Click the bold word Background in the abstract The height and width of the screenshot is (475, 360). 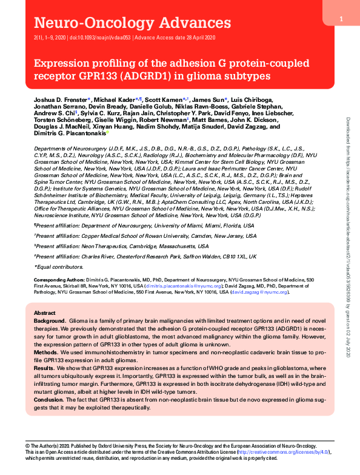click(50, 320)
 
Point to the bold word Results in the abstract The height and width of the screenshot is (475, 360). click(45, 368)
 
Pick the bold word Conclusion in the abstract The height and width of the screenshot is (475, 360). click(50, 399)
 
